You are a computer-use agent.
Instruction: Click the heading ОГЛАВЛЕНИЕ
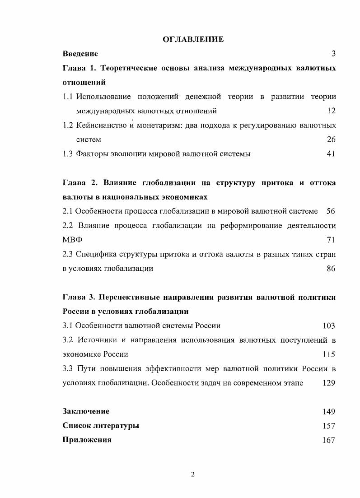(x=193, y=40)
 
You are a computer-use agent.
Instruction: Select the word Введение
(x=80, y=54)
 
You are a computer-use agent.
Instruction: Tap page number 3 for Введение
(x=333, y=54)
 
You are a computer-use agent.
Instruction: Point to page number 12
(x=331, y=111)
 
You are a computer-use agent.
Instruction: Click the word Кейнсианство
(x=102, y=125)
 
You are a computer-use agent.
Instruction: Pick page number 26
(x=331, y=140)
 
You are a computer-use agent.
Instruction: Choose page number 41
(x=331, y=154)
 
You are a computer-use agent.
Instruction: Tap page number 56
(x=331, y=211)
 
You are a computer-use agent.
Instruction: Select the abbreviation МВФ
(x=71, y=240)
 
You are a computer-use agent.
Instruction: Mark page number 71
(x=331, y=240)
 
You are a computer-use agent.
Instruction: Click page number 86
(x=331, y=269)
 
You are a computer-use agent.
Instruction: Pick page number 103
(x=329, y=326)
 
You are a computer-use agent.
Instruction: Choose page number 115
(x=329, y=354)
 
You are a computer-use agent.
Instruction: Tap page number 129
(x=329, y=383)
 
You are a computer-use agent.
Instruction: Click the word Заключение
(x=86, y=411)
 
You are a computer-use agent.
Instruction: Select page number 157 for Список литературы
(x=329, y=426)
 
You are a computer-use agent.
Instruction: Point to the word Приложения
(x=87, y=440)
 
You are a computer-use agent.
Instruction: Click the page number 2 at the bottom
(x=193, y=474)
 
